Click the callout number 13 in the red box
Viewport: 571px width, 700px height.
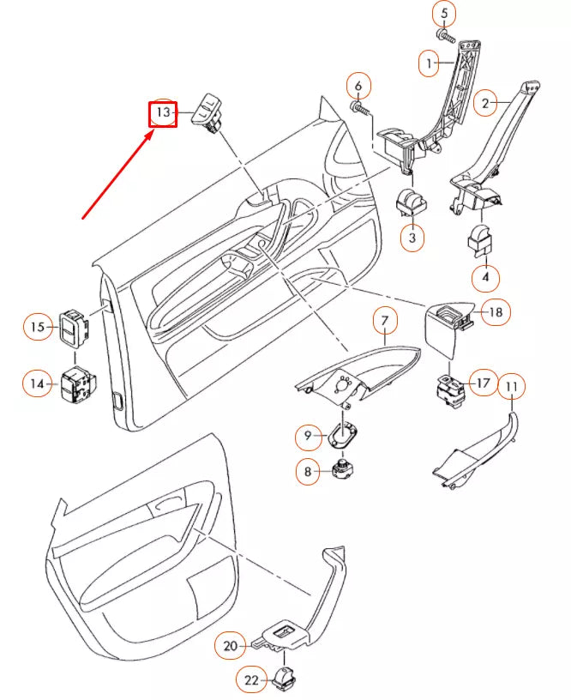coord(163,113)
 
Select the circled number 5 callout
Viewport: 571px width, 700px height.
coord(444,14)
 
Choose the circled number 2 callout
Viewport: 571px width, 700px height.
coord(485,105)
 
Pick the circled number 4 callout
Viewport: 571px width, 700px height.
coord(485,278)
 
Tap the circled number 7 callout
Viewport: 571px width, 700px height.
coord(385,323)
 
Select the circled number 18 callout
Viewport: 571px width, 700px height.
coord(496,312)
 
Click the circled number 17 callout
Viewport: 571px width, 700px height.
coord(483,383)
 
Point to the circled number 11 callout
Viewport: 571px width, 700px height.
coord(511,388)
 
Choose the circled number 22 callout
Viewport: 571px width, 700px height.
coord(251,680)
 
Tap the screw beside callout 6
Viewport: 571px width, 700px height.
coord(361,110)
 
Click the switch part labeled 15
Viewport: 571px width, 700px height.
coord(73,328)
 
